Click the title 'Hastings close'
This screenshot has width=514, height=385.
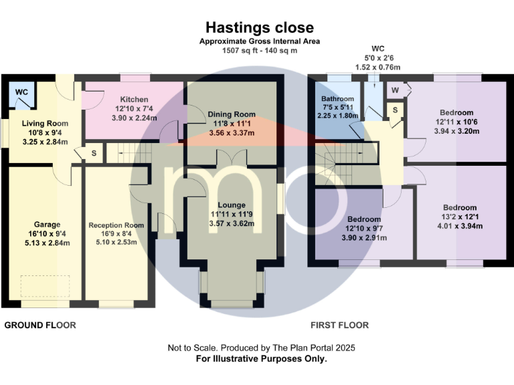coord(259,27)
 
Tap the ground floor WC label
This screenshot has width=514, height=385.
coord(21,92)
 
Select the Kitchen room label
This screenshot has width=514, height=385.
coord(134,99)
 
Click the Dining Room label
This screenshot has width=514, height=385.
coord(231,114)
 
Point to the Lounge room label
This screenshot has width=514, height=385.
coord(231,205)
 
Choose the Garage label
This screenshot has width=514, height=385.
coord(48,224)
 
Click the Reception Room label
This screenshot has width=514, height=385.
coord(116,225)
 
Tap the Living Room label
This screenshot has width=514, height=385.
coord(45,124)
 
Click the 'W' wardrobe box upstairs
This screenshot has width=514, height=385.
coord(395,90)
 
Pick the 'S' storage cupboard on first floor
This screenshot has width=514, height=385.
coord(395,110)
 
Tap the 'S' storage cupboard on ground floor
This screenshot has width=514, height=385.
coord(92,153)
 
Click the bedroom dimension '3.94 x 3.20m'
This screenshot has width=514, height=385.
coord(456,132)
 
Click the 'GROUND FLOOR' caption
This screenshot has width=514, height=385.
coord(40,326)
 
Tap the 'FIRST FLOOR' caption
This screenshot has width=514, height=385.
coord(339,326)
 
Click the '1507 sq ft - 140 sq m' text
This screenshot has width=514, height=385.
coord(259,50)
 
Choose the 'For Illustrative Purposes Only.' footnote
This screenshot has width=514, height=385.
coord(261,359)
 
